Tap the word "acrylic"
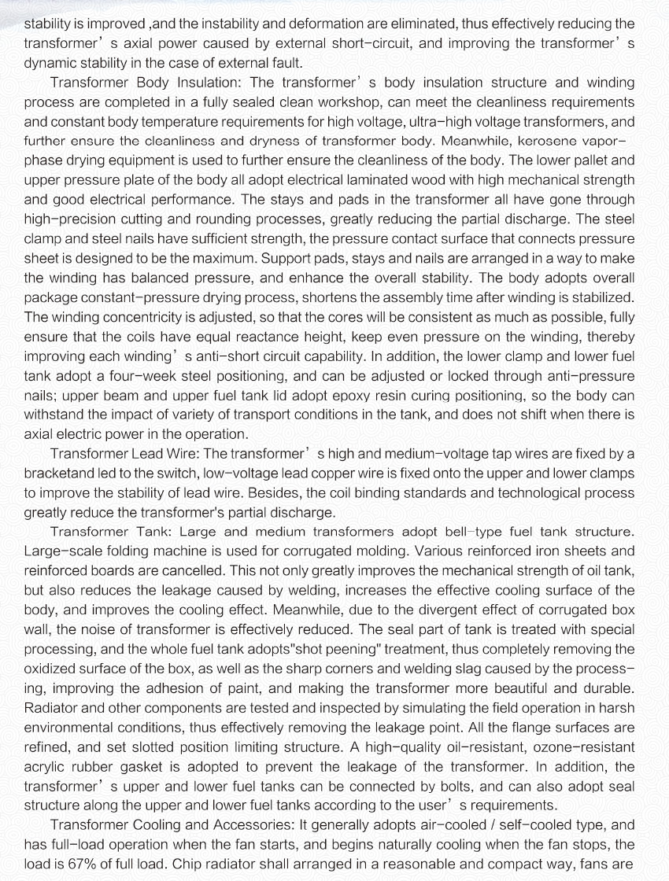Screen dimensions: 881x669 [46, 765]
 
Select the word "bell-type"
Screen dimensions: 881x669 [414, 532]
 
